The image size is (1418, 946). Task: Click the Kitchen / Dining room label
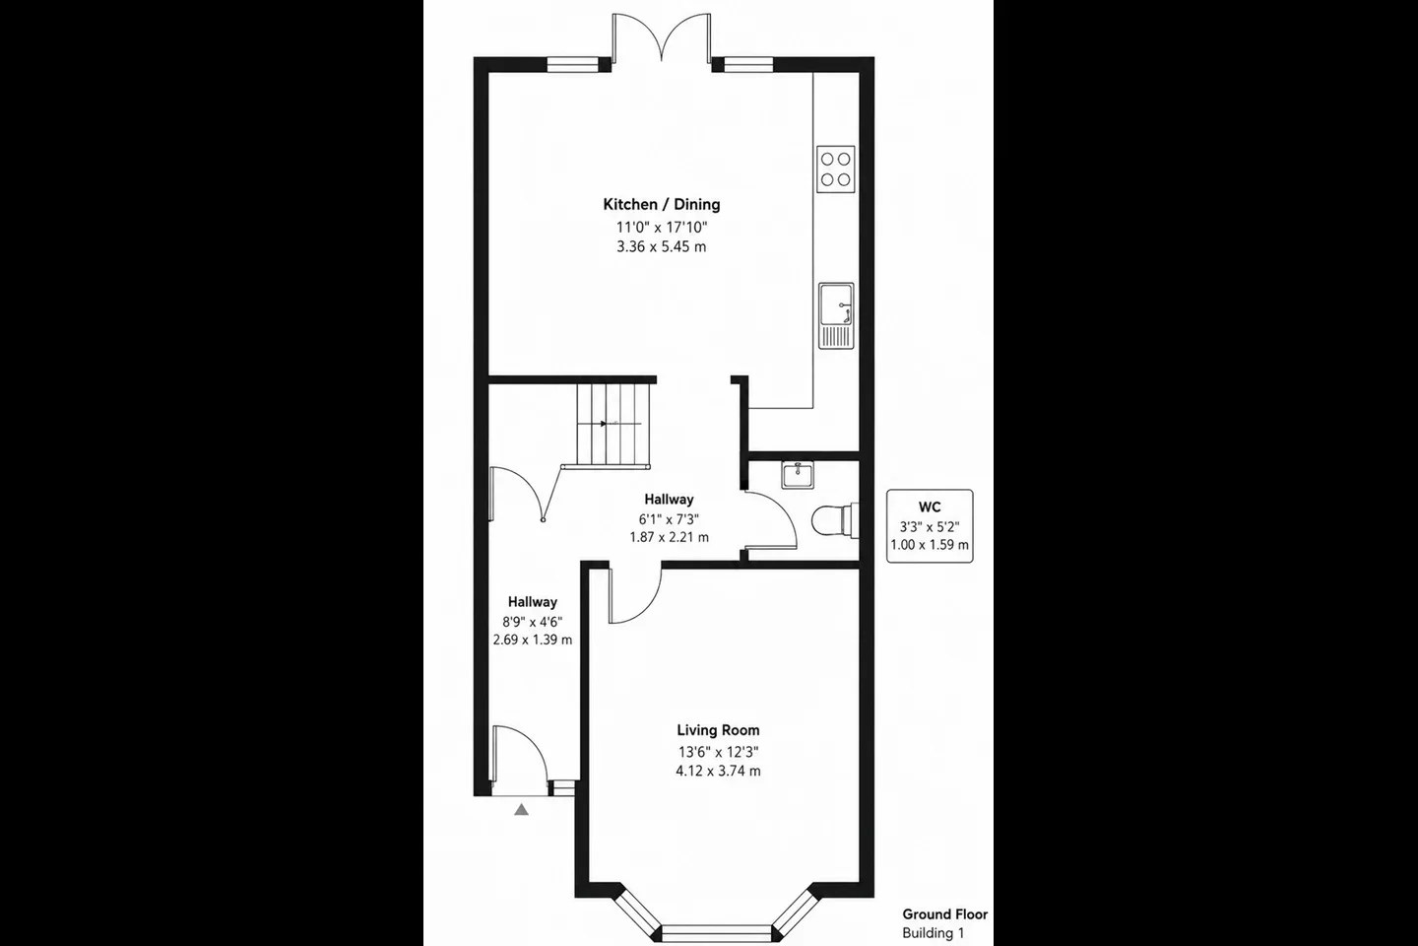(x=662, y=205)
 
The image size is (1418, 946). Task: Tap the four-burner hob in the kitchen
(x=836, y=169)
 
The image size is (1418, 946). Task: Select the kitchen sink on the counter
(x=836, y=315)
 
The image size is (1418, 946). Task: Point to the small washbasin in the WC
(x=798, y=475)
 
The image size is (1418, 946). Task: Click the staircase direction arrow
(x=604, y=424)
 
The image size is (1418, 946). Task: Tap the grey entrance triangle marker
(x=521, y=809)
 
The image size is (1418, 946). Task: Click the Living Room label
(x=718, y=730)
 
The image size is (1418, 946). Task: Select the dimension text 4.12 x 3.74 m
(x=718, y=772)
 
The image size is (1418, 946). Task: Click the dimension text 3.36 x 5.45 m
(x=662, y=247)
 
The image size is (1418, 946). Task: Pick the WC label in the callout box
(x=930, y=507)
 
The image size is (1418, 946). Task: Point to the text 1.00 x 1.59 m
(x=930, y=545)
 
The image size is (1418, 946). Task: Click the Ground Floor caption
(x=944, y=914)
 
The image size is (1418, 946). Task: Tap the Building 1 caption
(x=934, y=933)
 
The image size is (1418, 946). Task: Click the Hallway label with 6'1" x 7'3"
(x=669, y=500)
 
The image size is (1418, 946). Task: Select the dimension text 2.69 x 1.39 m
(x=533, y=640)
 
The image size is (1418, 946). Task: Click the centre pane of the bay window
(x=717, y=933)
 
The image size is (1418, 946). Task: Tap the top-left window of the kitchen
(x=572, y=65)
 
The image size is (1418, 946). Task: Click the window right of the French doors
(x=748, y=65)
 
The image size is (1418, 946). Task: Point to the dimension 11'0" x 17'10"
(x=662, y=227)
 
